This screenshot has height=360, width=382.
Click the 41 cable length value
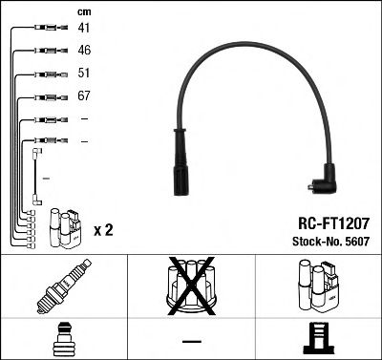coord(84,30)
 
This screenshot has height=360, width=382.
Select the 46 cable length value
coord(84,52)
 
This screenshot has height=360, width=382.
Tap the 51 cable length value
coord(84,74)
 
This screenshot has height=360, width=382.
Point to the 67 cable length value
coord(84,96)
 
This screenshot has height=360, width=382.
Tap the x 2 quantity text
coord(105,230)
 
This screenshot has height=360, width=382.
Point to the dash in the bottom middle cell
coord(191,340)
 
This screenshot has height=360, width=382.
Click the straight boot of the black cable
coord(180,170)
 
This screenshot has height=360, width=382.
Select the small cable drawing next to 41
coord(46,30)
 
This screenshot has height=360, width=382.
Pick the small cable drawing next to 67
coord(47,96)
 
